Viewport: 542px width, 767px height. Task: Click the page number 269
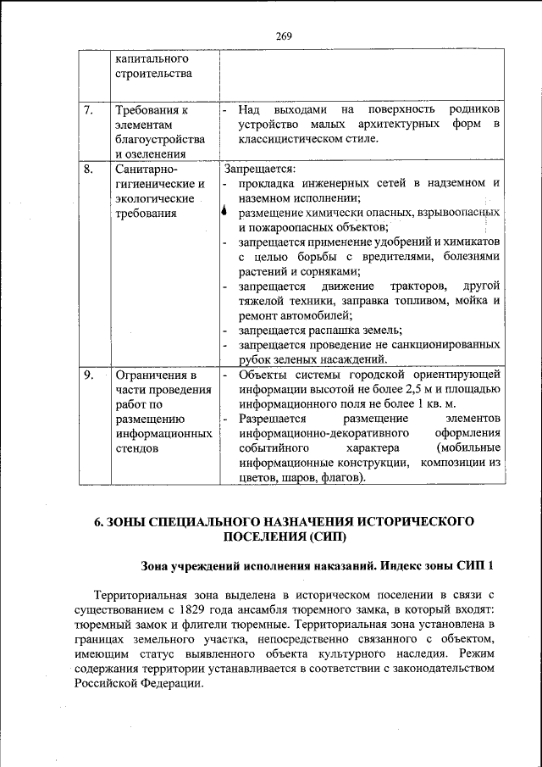(x=283, y=36)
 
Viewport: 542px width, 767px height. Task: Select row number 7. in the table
(x=88, y=110)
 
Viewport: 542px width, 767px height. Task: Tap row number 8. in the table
(x=88, y=169)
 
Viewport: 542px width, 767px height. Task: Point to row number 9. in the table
(x=88, y=375)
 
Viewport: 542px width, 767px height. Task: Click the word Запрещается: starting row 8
(x=256, y=169)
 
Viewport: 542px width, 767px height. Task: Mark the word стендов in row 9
(x=137, y=448)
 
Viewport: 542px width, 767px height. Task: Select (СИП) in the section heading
(x=322, y=537)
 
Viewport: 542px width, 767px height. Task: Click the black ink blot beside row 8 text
(x=223, y=212)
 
